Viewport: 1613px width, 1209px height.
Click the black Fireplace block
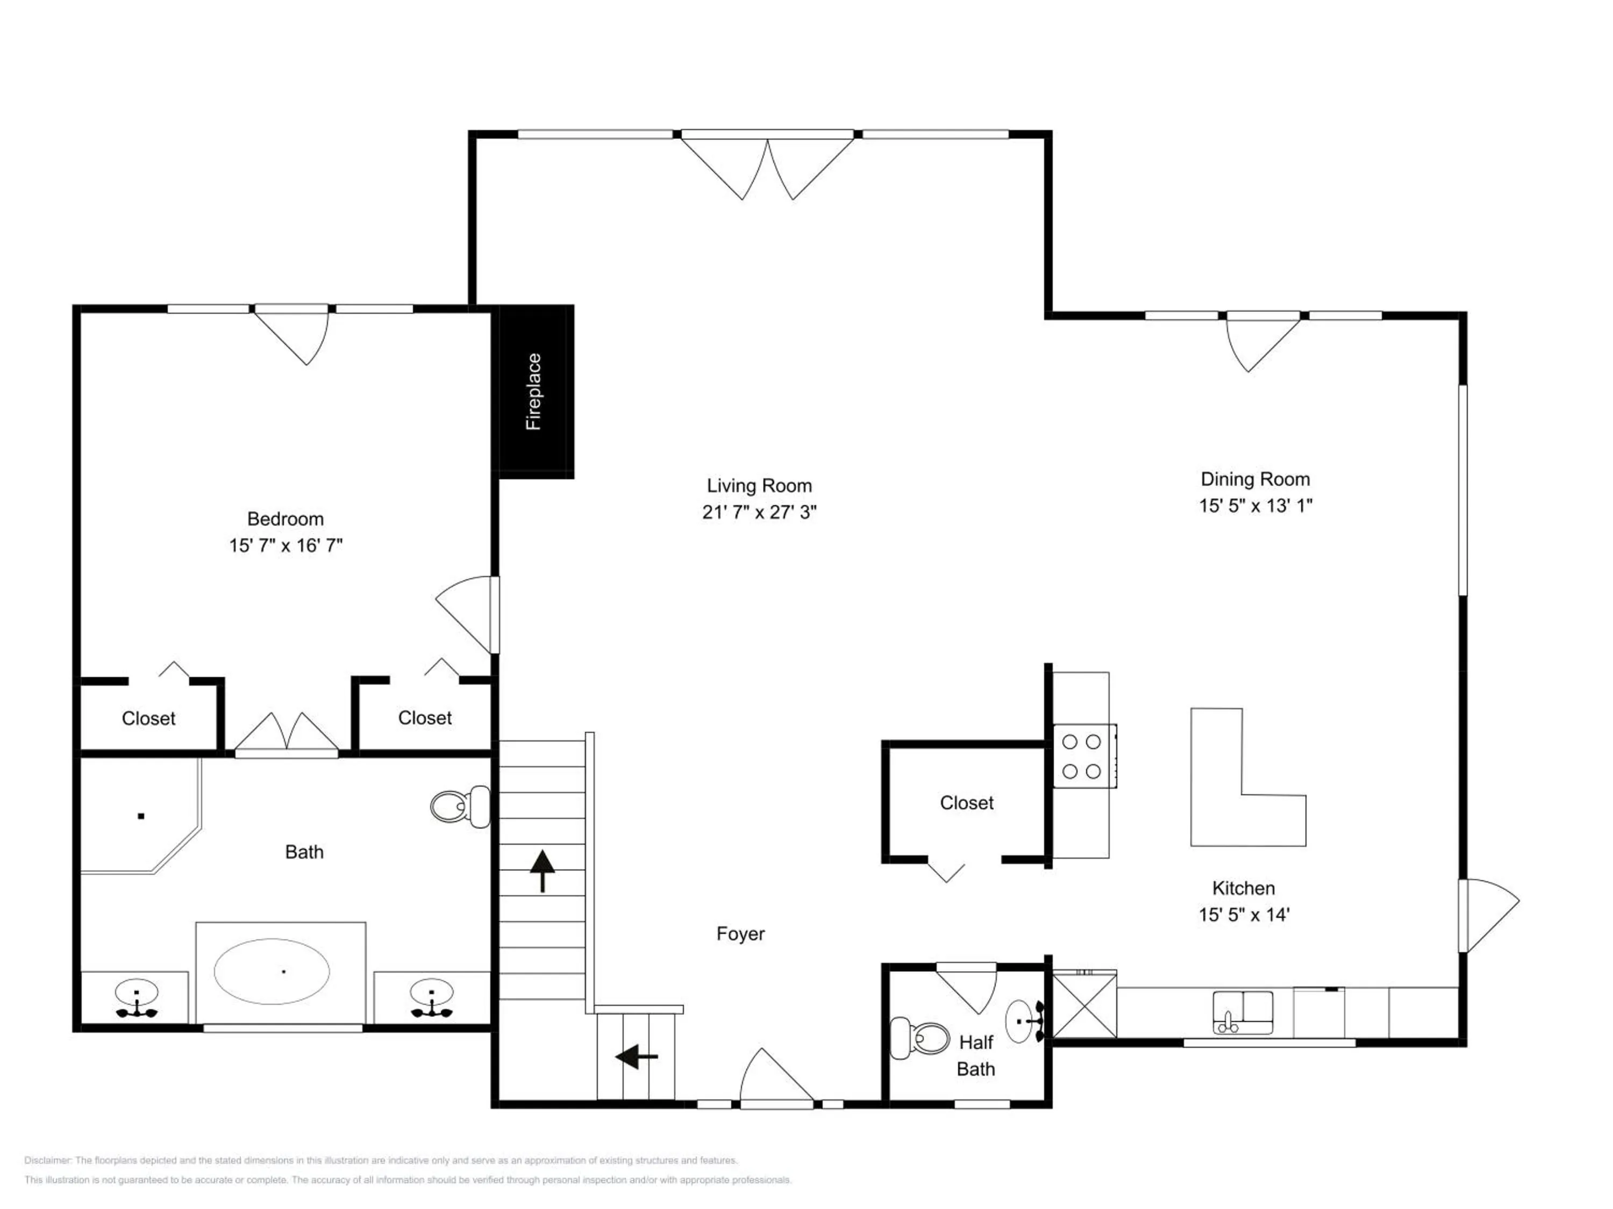point(536,391)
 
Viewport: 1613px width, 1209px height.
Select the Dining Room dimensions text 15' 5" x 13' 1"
point(1255,506)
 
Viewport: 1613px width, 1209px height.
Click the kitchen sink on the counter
point(1243,1011)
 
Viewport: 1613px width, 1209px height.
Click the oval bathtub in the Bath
point(272,971)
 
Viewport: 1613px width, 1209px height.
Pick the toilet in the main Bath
point(461,807)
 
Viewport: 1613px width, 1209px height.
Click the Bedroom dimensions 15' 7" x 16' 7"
point(286,545)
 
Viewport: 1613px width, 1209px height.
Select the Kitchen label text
point(1243,888)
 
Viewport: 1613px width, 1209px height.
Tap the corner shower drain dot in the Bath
point(141,816)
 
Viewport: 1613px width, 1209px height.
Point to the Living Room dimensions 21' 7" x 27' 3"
point(759,512)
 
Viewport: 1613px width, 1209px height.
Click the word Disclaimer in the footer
point(47,1160)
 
